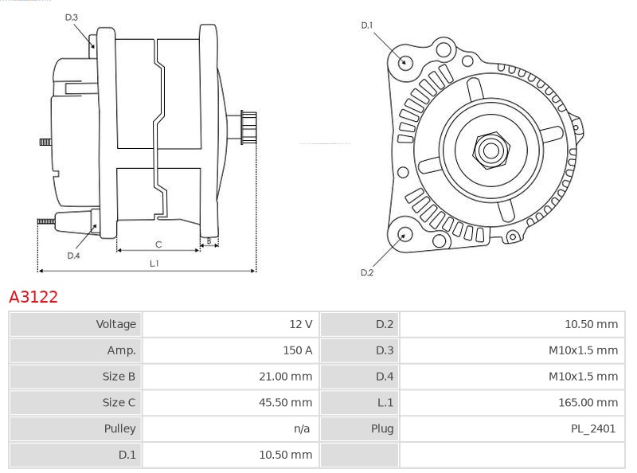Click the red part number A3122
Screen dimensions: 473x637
point(33,297)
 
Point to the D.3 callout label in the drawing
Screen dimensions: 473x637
point(72,18)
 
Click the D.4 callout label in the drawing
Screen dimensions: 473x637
point(73,256)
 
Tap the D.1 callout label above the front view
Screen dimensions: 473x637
point(367,25)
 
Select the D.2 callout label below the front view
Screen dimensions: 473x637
point(367,272)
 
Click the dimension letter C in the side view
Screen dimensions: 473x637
point(158,244)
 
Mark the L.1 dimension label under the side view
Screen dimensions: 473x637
point(154,264)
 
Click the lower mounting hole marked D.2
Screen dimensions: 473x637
point(404,234)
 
